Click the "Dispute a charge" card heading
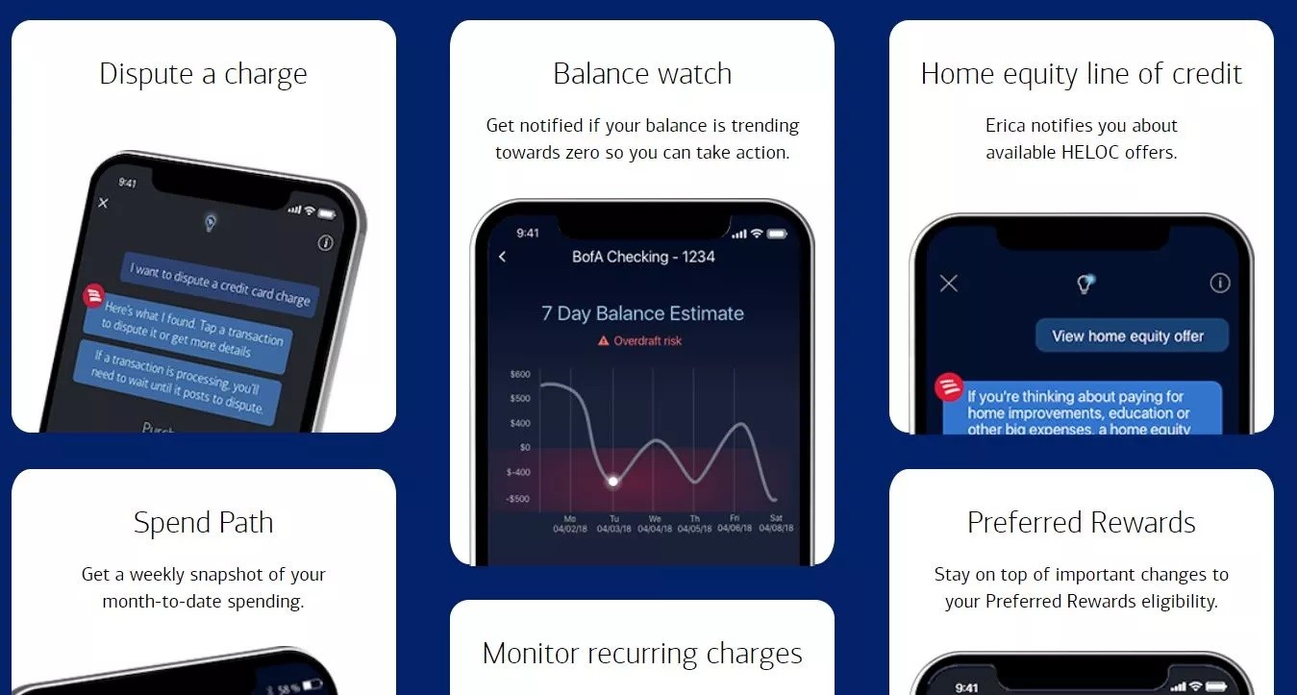click(x=203, y=74)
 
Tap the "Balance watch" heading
click(x=642, y=74)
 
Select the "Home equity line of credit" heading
click(x=1082, y=74)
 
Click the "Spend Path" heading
click(x=203, y=523)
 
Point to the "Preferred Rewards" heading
click(x=1082, y=523)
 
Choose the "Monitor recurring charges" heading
click(x=642, y=654)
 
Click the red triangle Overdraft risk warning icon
click(x=604, y=341)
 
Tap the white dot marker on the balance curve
click(x=612, y=481)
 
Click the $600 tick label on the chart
click(x=520, y=374)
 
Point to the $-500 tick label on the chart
click(x=518, y=499)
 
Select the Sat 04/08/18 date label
click(x=776, y=524)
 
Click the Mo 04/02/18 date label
click(x=569, y=524)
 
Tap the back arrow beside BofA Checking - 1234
click(x=502, y=257)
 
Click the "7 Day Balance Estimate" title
click(x=642, y=313)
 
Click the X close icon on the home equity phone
click(x=949, y=283)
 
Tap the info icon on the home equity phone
click(x=1220, y=283)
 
